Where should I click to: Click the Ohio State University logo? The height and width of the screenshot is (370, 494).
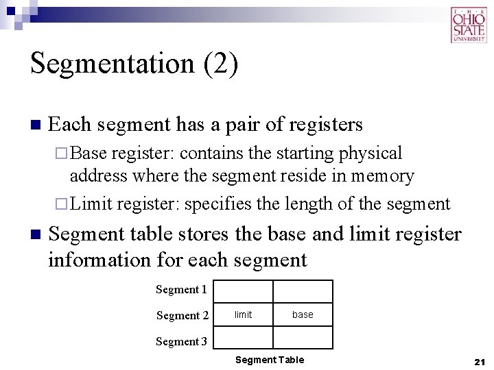click(x=469, y=25)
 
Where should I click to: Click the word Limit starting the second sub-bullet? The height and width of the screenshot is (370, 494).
click(x=91, y=203)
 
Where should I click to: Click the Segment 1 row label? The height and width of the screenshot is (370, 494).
click(x=181, y=289)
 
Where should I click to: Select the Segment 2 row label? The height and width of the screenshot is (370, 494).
click(x=182, y=315)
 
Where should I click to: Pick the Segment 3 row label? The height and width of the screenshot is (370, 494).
click(x=181, y=341)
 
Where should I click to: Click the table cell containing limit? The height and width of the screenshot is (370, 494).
click(x=244, y=314)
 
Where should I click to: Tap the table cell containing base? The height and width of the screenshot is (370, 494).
click(x=303, y=314)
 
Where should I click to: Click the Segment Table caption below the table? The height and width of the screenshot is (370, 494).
click(x=269, y=360)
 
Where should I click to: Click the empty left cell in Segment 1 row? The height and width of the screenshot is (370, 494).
click(x=244, y=291)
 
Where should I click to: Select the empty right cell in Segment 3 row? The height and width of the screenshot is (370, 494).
click(x=303, y=338)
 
